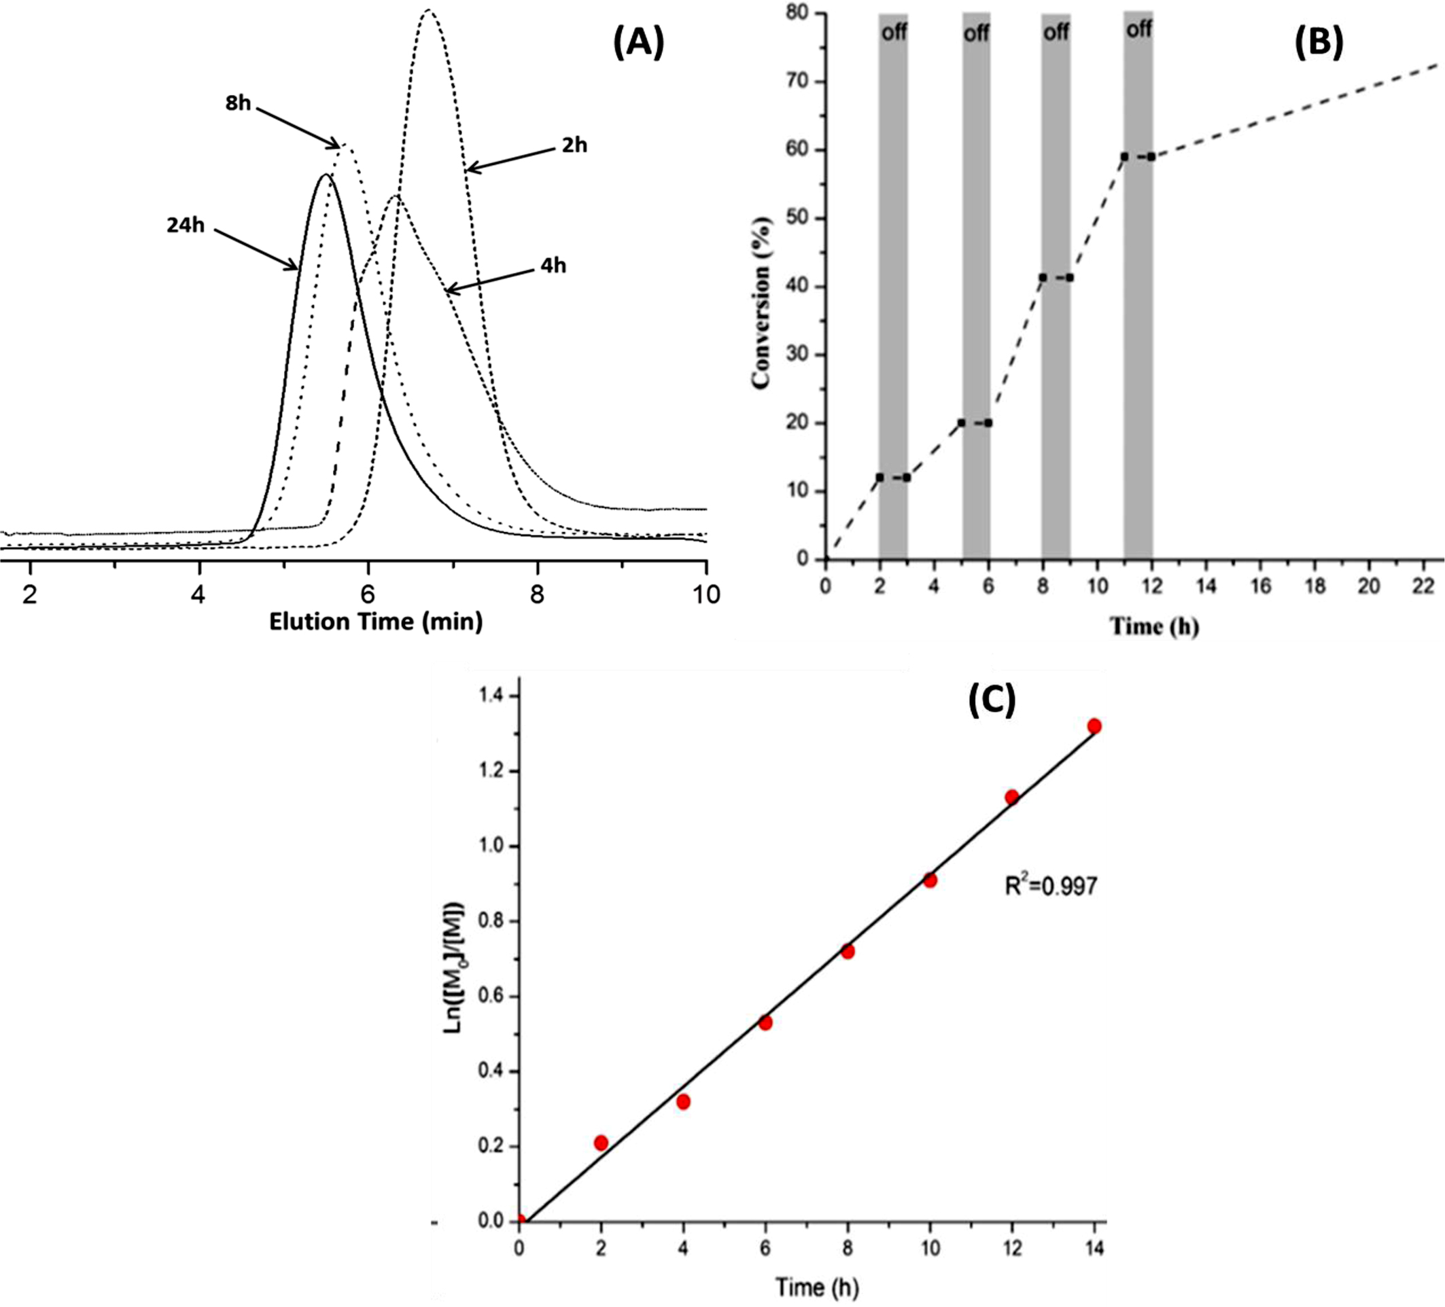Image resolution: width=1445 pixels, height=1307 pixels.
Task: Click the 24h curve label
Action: click(x=186, y=226)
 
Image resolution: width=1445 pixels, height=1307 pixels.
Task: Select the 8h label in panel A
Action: click(x=238, y=103)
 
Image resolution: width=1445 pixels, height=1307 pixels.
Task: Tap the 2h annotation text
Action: click(x=574, y=145)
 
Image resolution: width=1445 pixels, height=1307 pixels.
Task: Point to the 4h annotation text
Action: click(x=553, y=266)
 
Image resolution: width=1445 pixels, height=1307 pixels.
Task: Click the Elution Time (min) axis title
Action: click(x=376, y=622)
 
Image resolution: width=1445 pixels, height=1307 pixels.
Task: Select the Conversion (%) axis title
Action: click(x=762, y=302)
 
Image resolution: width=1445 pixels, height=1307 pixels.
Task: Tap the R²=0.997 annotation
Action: click(x=1051, y=887)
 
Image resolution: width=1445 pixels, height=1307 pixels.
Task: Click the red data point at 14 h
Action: click(x=1094, y=727)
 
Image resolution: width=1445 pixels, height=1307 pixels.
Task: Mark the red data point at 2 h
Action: click(x=602, y=1143)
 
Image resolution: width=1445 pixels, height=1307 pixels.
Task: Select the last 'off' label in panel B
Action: click(x=1139, y=29)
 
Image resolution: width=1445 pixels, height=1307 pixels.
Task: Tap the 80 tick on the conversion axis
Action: click(x=797, y=13)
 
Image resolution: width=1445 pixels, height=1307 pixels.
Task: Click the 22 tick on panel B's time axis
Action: click(x=1423, y=586)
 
